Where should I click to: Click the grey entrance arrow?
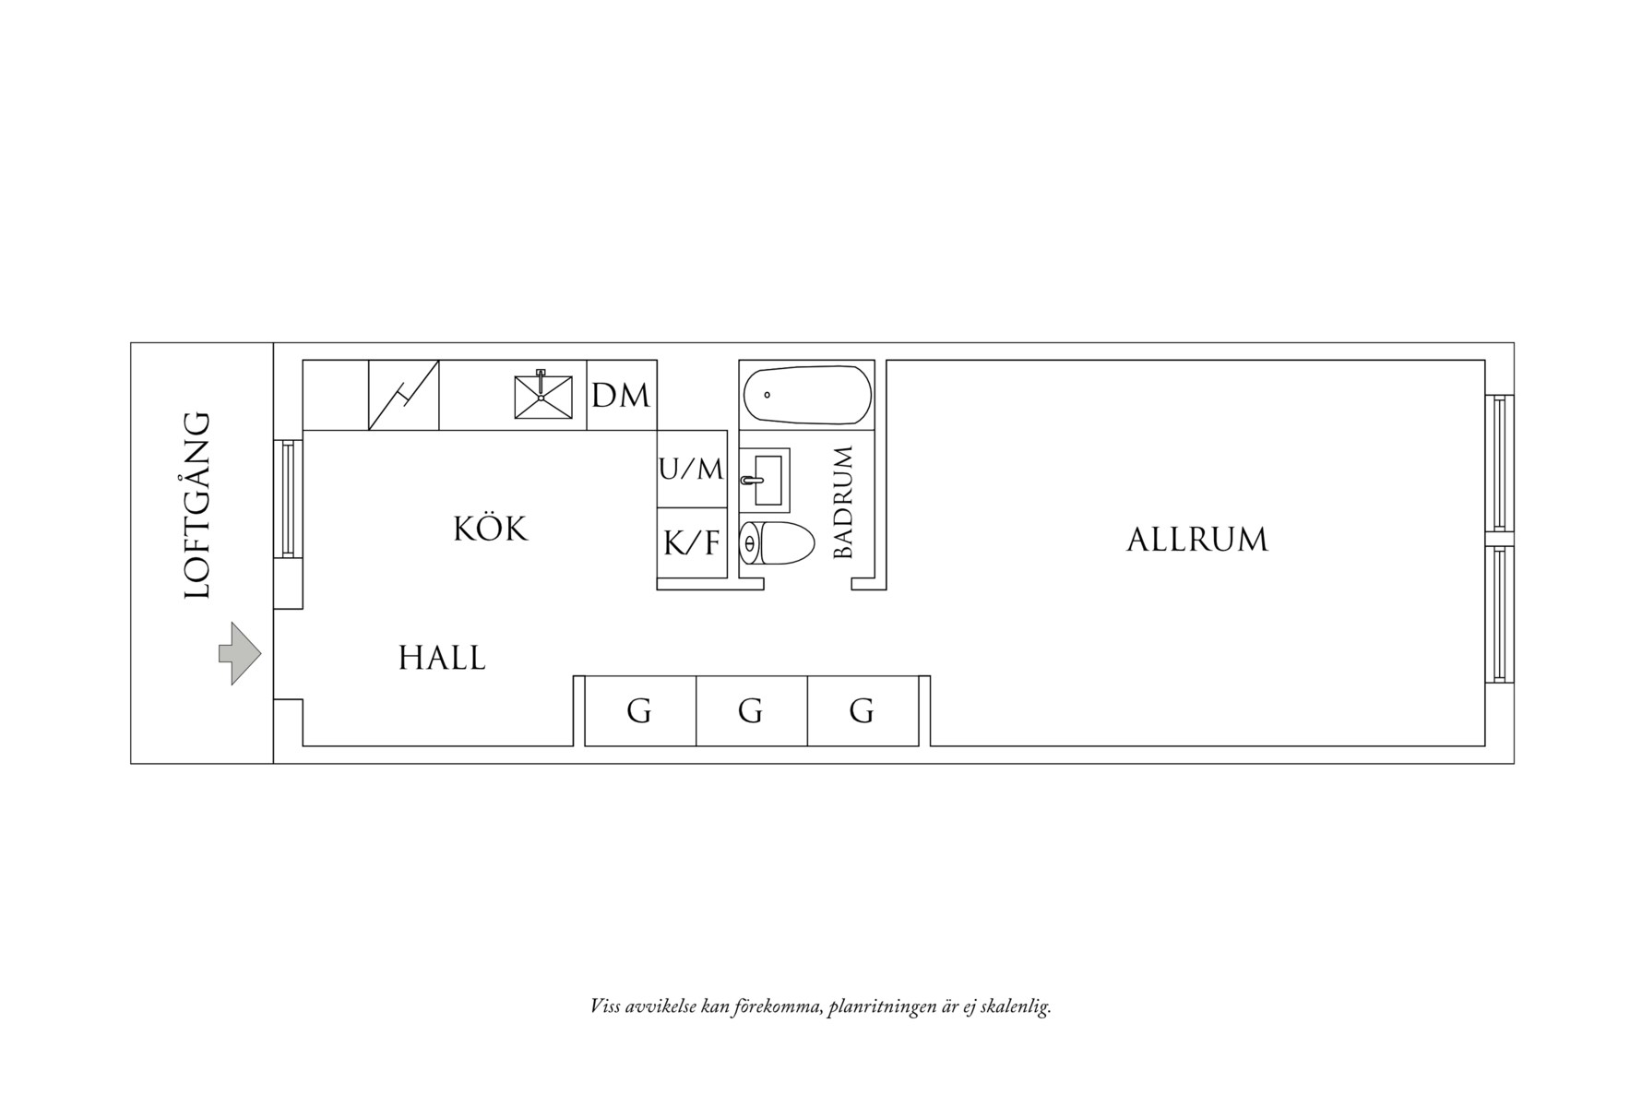pyautogui.click(x=239, y=653)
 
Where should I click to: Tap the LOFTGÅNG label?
pyautogui.click(x=197, y=506)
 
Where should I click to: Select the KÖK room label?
pyautogui.click(x=491, y=530)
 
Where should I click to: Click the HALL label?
pyautogui.click(x=442, y=659)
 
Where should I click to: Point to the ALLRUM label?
pyautogui.click(x=1196, y=540)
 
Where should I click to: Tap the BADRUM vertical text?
pyautogui.click(x=843, y=503)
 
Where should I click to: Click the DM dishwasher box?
pyautogui.click(x=621, y=396)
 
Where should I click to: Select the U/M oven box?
pyautogui.click(x=691, y=469)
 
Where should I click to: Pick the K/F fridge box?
pyautogui.click(x=691, y=543)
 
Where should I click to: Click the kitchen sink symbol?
pyautogui.click(x=541, y=395)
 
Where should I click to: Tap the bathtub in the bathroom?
pyautogui.click(x=807, y=396)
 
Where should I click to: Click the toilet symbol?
pyautogui.click(x=778, y=542)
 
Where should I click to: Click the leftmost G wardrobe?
pyautogui.click(x=639, y=711)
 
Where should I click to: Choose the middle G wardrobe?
pyautogui.click(x=751, y=711)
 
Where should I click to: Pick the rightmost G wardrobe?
pyautogui.click(x=862, y=711)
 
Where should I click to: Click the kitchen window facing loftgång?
pyautogui.click(x=288, y=498)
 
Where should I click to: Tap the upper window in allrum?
pyautogui.click(x=1499, y=462)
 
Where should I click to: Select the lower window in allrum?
pyautogui.click(x=1499, y=613)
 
